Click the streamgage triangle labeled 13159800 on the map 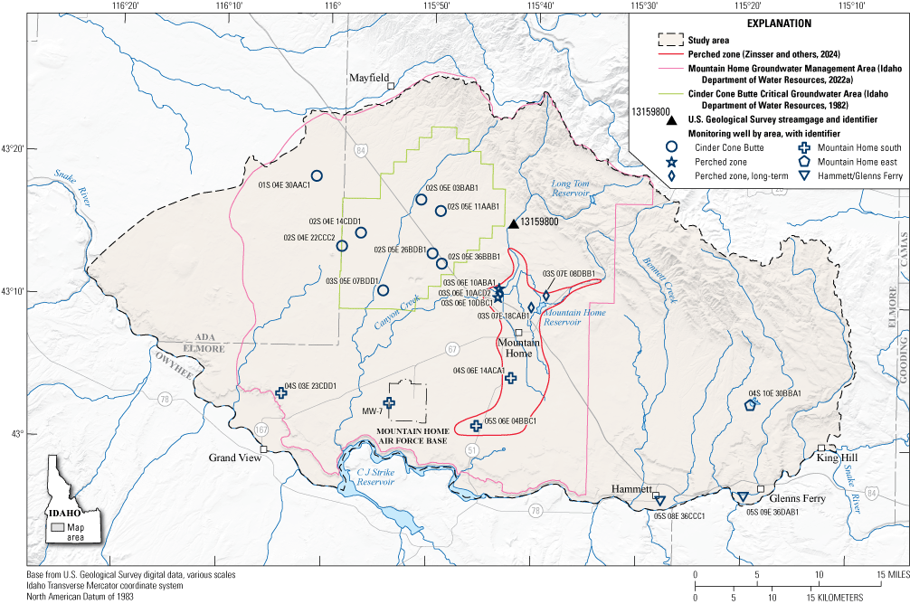click(513, 223)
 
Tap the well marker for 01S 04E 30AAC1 click(317, 176)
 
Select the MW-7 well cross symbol click(389, 403)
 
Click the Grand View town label click(235, 458)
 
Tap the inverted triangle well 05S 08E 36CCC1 click(659, 500)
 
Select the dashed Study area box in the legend click(670, 40)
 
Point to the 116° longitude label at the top click(333, 7)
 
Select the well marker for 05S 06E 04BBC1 click(476, 425)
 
